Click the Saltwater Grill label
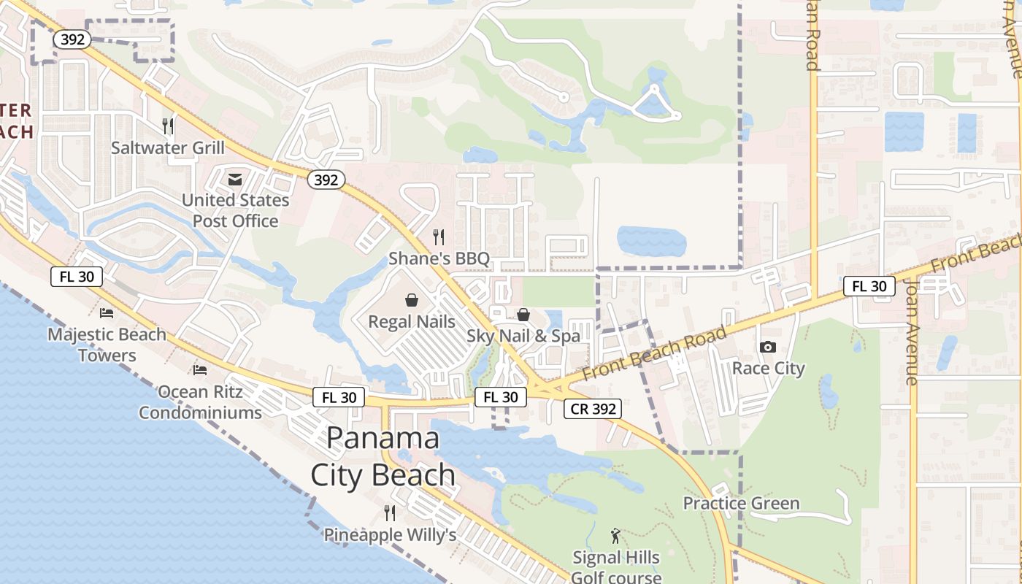coord(168,148)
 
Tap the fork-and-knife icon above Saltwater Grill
coord(168,126)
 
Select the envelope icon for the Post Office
coord(235,179)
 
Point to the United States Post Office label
coord(235,210)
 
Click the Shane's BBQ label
coord(439,258)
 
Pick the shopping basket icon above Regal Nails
coord(412,300)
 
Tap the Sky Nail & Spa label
coord(523,336)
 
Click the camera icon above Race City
coord(768,347)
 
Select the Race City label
coord(768,368)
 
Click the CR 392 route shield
coord(593,409)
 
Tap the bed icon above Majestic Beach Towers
coord(107,313)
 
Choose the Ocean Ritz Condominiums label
coord(200,402)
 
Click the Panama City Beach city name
coord(383,457)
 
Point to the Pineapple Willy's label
coord(390,535)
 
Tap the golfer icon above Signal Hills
coord(615,537)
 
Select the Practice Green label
coord(741,504)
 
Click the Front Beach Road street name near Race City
coord(655,356)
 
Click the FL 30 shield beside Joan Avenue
coord(869,286)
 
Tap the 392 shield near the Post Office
coord(326,180)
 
